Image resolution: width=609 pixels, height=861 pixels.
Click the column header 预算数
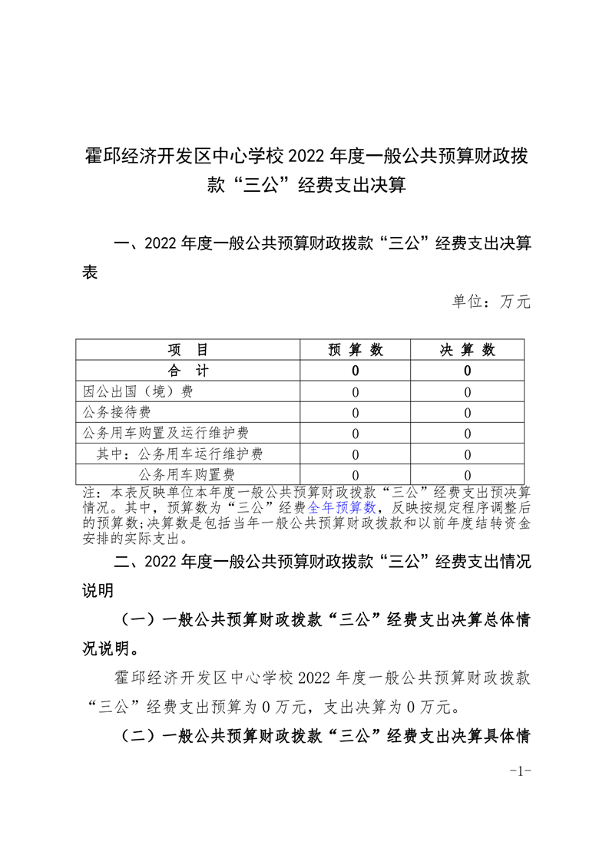click(355, 350)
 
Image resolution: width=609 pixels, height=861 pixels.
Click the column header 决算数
click(467, 350)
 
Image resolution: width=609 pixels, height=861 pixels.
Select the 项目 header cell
click(188, 350)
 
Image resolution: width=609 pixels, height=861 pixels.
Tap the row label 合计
click(188, 371)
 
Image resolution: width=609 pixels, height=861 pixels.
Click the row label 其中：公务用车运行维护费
click(180, 454)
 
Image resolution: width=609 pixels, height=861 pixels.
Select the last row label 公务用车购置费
click(187, 474)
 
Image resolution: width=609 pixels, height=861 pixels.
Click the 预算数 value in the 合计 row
click(355, 371)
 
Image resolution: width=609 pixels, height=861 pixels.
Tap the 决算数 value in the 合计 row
click(467, 371)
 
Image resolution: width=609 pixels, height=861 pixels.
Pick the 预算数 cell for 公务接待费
click(355, 413)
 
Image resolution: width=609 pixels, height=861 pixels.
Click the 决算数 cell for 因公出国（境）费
click(467, 392)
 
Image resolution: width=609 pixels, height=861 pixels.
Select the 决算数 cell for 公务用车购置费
click(467, 475)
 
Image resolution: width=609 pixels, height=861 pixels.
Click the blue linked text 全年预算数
click(342, 507)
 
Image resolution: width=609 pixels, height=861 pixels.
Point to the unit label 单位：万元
click(492, 302)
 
